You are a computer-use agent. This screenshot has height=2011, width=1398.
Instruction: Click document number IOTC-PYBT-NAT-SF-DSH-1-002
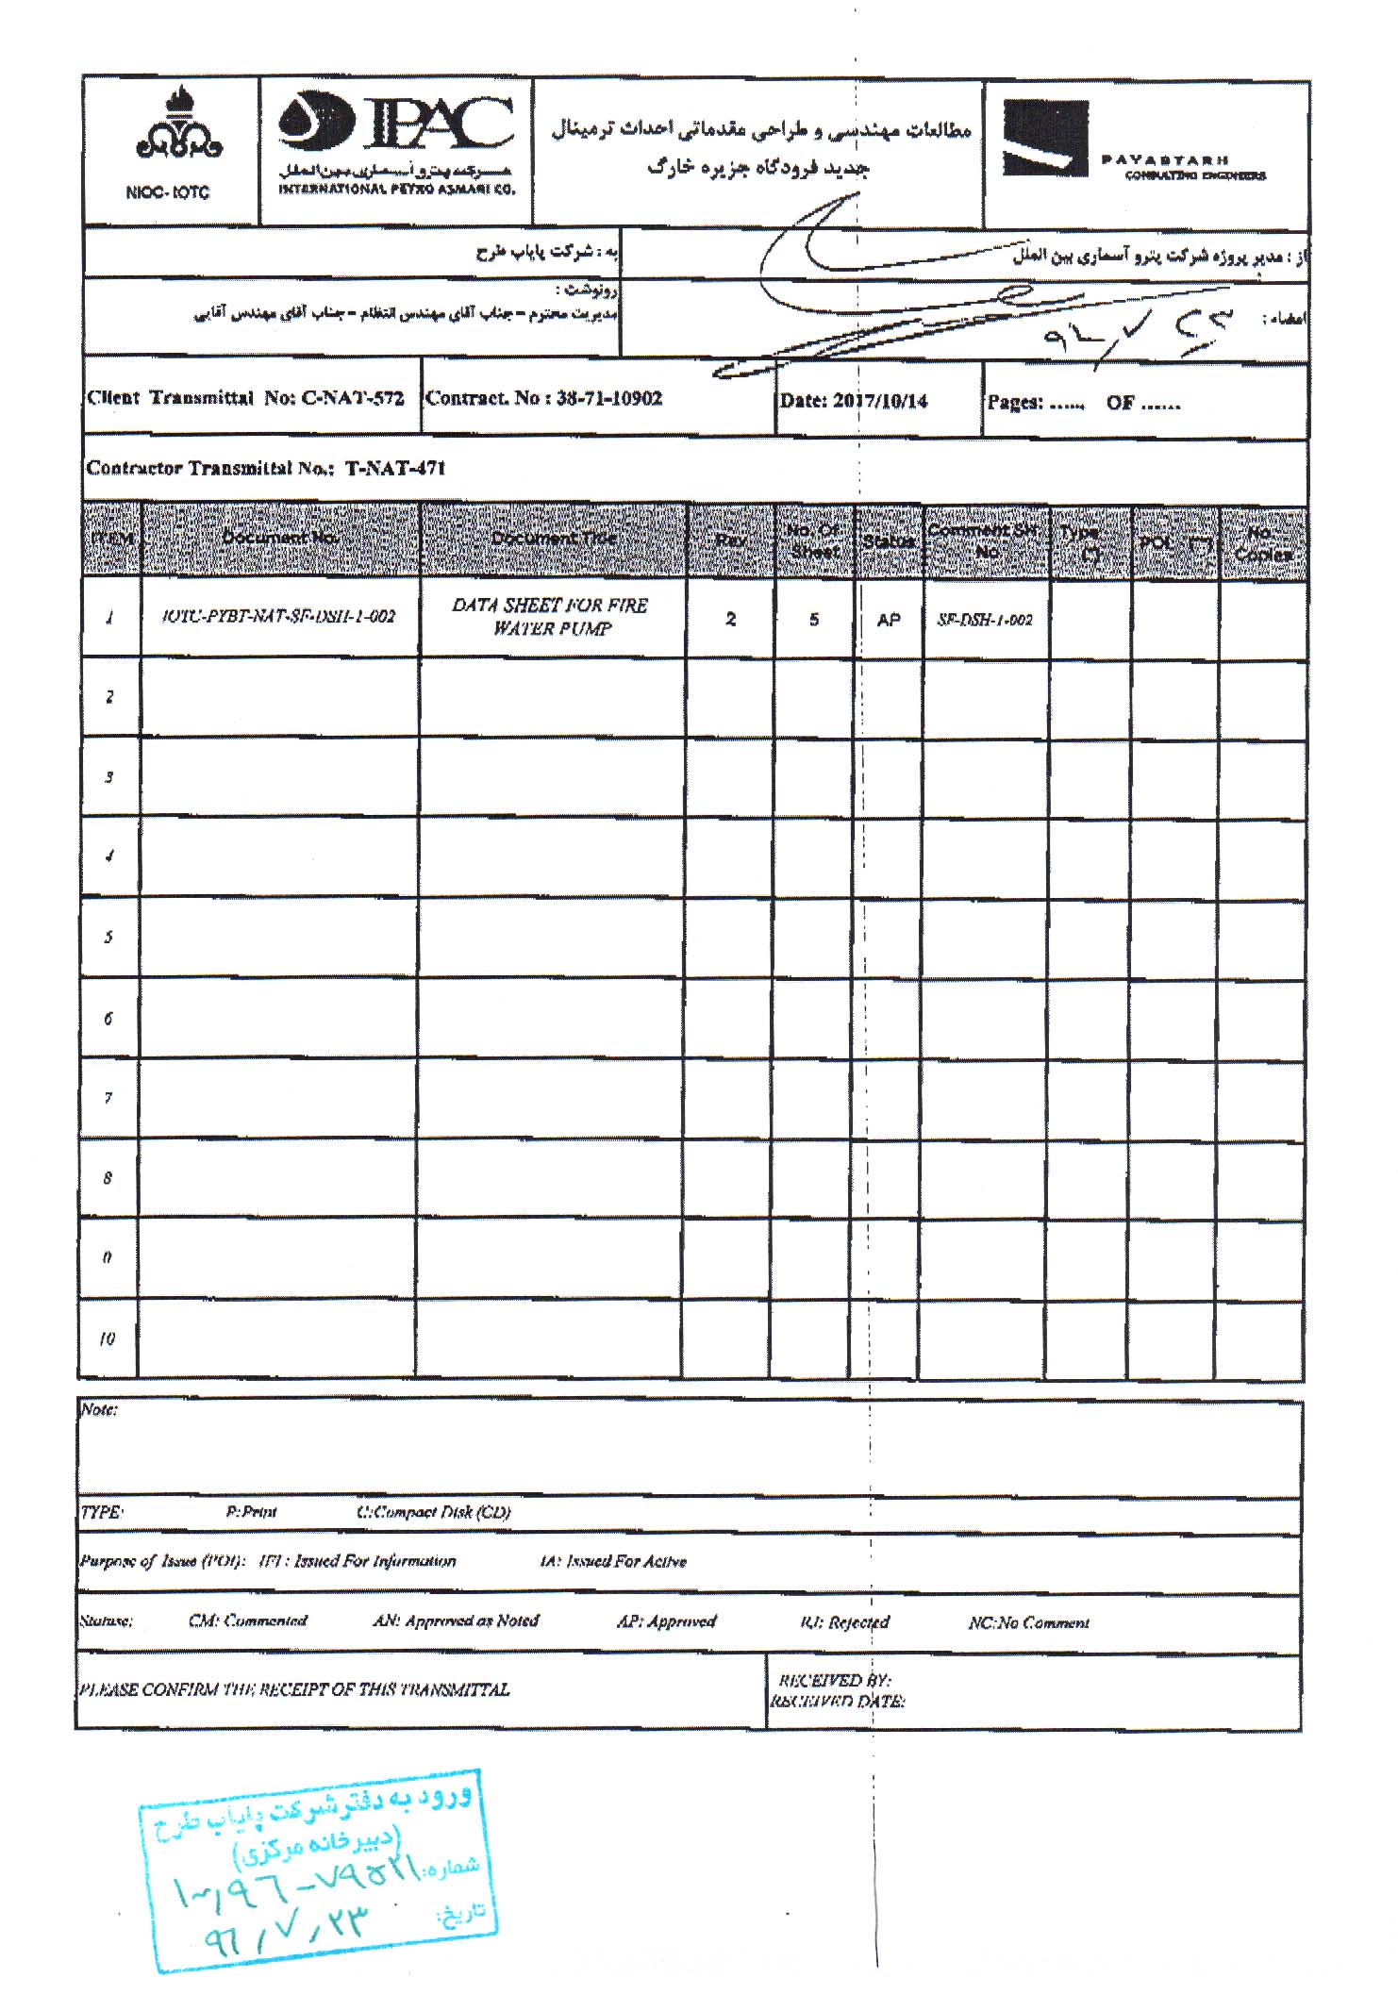[279, 617]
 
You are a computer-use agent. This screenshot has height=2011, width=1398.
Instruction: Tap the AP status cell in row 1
[888, 620]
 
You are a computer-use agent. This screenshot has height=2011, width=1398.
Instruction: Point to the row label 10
[108, 1338]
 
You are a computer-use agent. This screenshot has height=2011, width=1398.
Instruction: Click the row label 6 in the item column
[108, 1018]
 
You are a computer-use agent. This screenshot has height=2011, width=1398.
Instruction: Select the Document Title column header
[553, 539]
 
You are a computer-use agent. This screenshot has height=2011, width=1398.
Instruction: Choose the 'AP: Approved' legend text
[666, 1621]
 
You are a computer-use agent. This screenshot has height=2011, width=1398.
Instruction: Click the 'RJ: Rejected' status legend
[844, 1622]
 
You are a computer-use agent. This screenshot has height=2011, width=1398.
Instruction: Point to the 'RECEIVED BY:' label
[834, 1680]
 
